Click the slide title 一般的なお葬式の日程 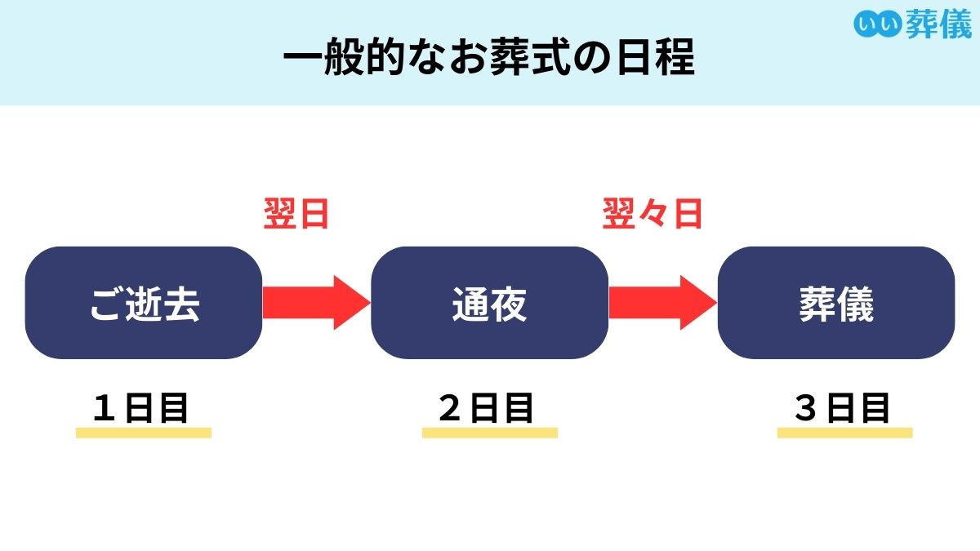(x=488, y=60)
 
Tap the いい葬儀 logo (x=912, y=24)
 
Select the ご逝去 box (x=144, y=303)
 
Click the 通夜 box (x=489, y=303)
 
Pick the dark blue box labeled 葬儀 (x=835, y=303)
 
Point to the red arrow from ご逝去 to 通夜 (x=315, y=302)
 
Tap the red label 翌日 (x=296, y=215)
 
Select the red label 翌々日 (x=652, y=215)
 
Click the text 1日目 (x=140, y=408)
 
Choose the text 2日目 (x=487, y=408)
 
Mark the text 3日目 (x=842, y=408)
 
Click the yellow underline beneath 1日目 (x=144, y=433)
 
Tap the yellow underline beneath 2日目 (x=489, y=433)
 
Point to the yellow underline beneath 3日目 (x=844, y=433)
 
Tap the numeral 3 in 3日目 (x=806, y=408)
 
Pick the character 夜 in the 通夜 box (x=509, y=304)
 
